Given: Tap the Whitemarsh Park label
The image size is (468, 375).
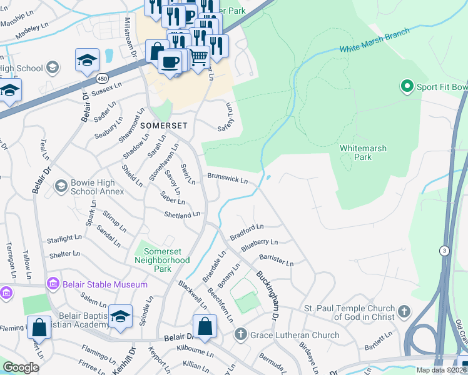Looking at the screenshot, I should point(363,152).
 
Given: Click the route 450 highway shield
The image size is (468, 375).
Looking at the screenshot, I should point(101,77).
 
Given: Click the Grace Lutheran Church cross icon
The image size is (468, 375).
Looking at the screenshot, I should point(239,335).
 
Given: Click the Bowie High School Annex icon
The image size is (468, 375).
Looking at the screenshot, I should point(61,186).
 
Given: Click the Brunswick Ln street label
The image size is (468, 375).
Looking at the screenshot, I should point(228,179).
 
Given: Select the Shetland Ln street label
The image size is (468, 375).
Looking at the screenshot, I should point(181,214).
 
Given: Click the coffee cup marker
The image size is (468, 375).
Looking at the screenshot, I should point(169,62).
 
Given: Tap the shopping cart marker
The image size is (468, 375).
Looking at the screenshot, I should point(199,57).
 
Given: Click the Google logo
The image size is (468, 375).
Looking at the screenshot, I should point(21,367).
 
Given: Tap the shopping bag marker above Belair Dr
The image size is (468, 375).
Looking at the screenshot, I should point(205,326).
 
